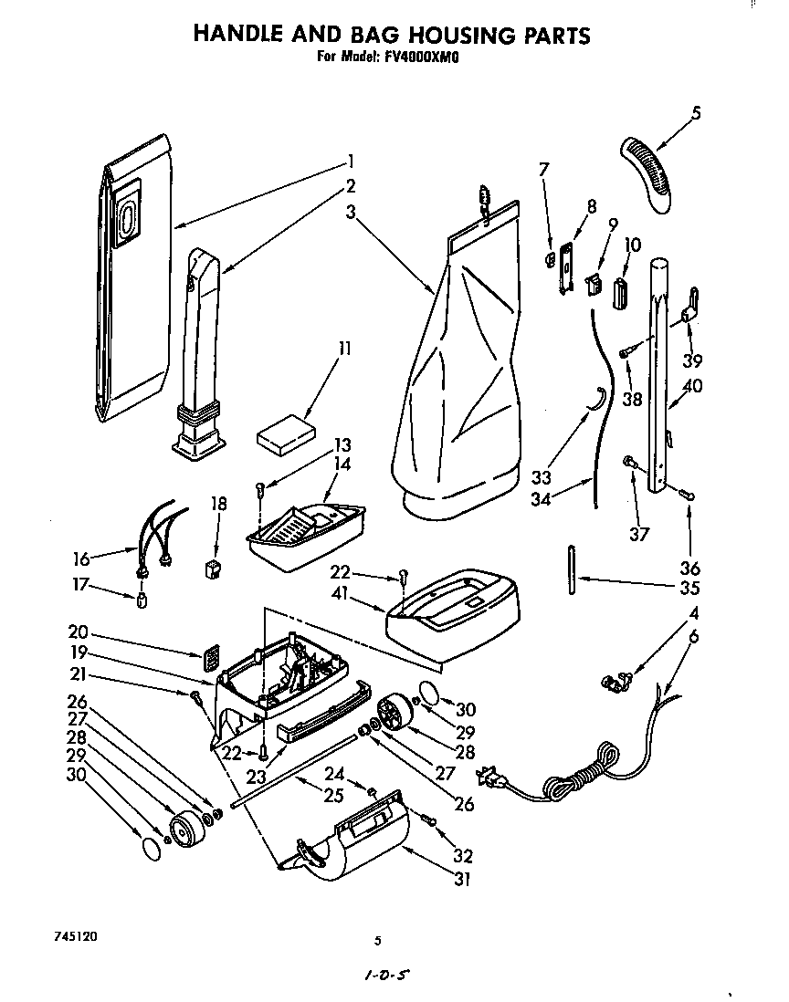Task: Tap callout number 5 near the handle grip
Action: click(x=696, y=114)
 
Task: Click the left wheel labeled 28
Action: click(x=187, y=829)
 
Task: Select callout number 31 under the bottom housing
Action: click(x=463, y=880)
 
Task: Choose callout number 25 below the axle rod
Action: click(x=334, y=796)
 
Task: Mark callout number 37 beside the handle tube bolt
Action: click(x=637, y=534)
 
